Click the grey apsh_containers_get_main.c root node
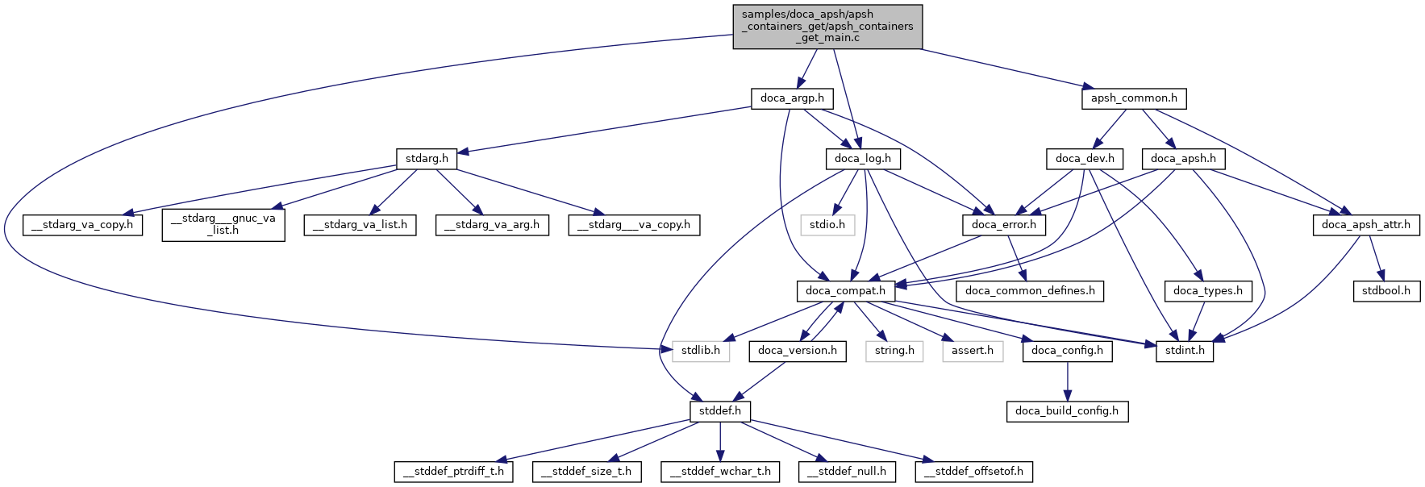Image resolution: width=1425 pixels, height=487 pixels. pos(827,27)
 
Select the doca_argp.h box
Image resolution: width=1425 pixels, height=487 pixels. pos(792,98)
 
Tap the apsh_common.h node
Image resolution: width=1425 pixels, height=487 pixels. pos(1134,98)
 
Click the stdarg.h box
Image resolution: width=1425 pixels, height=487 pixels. pos(427,159)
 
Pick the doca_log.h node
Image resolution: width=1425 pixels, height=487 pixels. pos(862,159)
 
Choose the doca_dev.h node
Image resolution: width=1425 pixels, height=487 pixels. pos(1085,159)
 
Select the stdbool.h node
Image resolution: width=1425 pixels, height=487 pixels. pos(1385,290)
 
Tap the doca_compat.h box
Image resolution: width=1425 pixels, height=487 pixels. pos(845,290)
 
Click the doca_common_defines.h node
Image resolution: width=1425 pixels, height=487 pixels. pos(1030,290)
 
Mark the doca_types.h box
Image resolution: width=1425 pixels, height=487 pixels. pos(1207,290)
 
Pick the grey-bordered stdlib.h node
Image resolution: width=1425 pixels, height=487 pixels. pos(701,351)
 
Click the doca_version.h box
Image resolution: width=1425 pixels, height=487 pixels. pos(798,351)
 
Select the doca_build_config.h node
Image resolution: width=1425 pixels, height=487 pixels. pos(1067,411)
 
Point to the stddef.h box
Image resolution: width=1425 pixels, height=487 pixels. pos(720,411)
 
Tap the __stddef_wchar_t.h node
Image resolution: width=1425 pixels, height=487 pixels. pos(720,472)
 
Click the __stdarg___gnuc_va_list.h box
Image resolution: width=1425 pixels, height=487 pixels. pos(223,224)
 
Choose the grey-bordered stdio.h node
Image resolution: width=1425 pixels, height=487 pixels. pos(827,224)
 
